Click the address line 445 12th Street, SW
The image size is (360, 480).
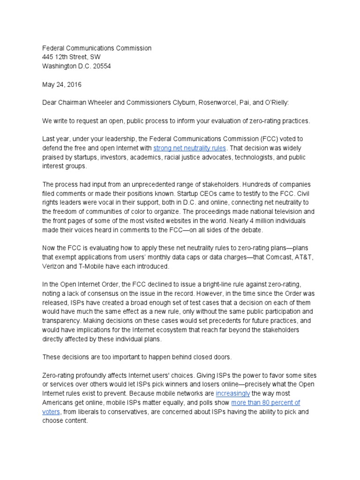[72, 57]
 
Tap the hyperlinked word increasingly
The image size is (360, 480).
[233, 394]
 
